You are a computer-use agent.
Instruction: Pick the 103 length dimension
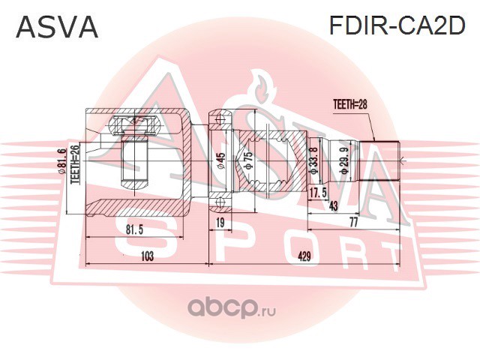(147, 256)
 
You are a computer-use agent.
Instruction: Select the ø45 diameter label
(221, 161)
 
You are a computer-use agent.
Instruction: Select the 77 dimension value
(352, 223)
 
